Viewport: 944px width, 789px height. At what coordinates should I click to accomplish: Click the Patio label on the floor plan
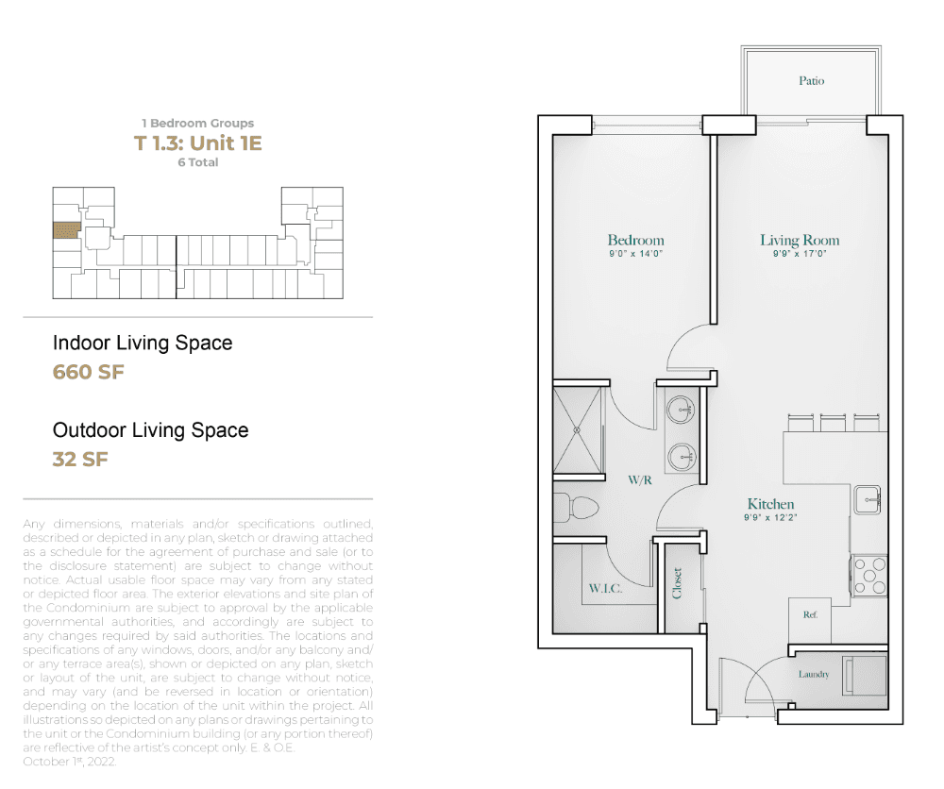tap(811, 80)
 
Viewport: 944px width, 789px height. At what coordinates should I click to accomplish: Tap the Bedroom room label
tap(635, 240)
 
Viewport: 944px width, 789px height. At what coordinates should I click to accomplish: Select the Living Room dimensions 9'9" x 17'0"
tap(800, 254)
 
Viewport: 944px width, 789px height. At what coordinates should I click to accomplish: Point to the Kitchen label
tap(770, 504)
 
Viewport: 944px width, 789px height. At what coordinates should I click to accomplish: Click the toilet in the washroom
tap(576, 508)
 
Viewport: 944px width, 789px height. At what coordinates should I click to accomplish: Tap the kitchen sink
tap(867, 499)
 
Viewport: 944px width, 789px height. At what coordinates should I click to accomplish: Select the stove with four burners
tap(868, 576)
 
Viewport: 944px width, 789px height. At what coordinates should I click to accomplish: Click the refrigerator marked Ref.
tap(810, 620)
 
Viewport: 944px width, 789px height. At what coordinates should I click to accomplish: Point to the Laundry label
tap(814, 674)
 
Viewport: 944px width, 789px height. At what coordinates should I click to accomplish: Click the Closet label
tap(677, 582)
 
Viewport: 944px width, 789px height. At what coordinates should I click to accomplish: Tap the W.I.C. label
tap(605, 589)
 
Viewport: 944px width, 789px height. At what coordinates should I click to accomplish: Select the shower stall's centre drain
tap(577, 430)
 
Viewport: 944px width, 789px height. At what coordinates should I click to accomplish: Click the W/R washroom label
tap(639, 479)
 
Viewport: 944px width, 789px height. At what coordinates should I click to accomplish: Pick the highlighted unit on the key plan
tap(66, 230)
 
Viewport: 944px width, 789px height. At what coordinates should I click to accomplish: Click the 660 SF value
tap(89, 372)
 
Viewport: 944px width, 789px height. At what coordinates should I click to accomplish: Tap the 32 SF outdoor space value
tap(80, 460)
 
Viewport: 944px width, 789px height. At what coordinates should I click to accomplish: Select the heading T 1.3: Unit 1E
tap(197, 143)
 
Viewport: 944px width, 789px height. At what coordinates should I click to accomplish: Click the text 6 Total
tap(198, 162)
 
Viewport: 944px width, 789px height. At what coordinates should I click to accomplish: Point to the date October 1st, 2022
tap(69, 762)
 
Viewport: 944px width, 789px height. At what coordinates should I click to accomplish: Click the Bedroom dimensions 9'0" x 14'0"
tap(635, 254)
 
